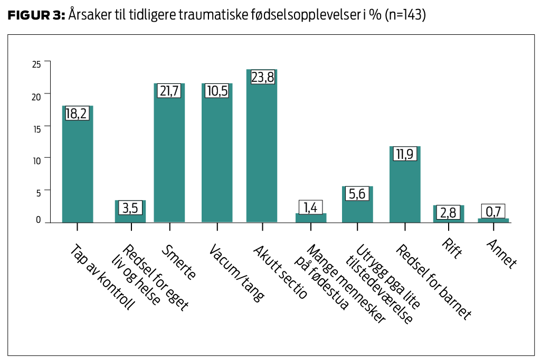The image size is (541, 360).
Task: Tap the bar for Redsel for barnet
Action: tap(405, 190)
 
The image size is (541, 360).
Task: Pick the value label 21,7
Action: tap(169, 91)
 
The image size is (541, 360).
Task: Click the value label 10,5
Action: tap(217, 91)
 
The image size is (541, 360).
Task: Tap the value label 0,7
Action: tap(493, 212)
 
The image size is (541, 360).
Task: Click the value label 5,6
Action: tap(357, 194)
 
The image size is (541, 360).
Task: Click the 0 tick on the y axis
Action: tap(39, 220)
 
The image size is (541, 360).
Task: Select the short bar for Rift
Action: tap(449, 218)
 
